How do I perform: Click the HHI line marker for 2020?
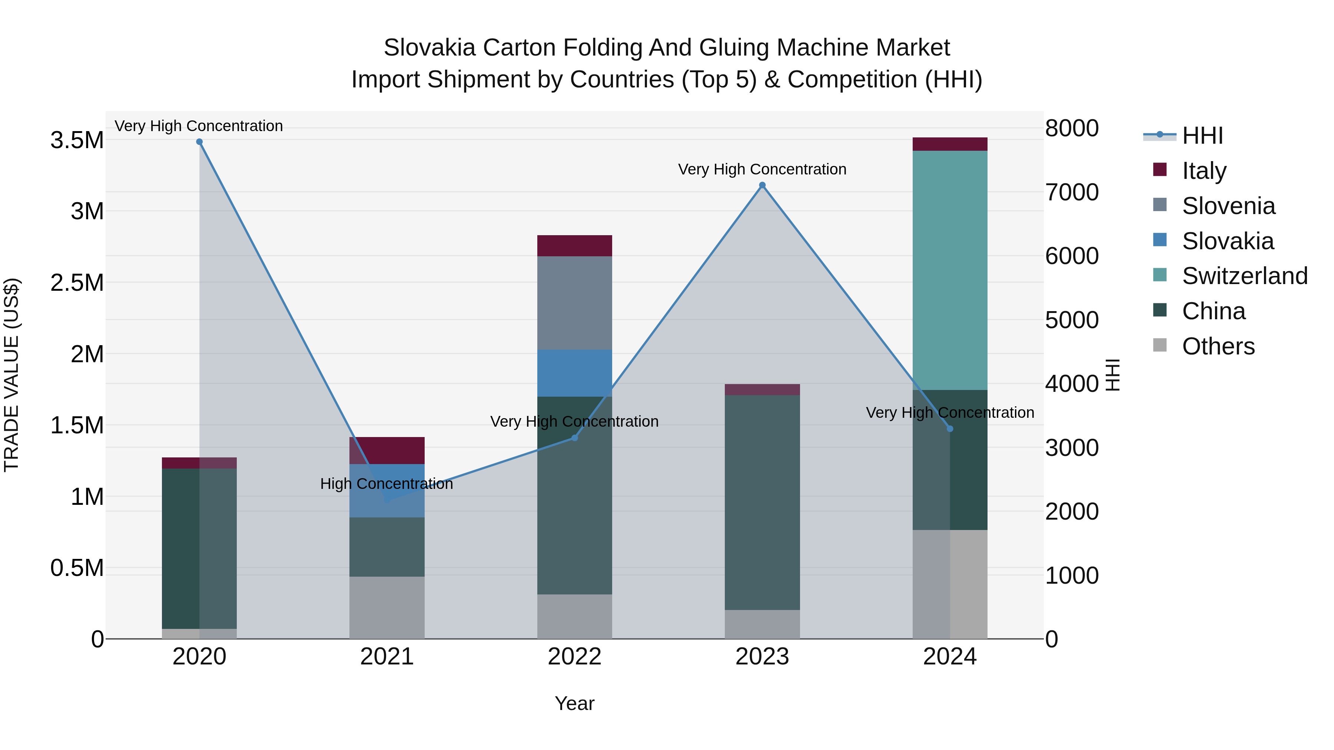coord(199,142)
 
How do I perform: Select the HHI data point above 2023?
coord(762,185)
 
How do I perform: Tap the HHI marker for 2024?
coord(950,429)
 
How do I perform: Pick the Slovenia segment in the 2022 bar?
coord(574,303)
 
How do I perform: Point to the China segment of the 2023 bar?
coord(762,502)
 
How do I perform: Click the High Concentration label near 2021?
coord(386,484)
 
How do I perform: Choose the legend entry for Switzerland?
coord(1244,276)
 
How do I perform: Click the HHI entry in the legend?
coord(1202,136)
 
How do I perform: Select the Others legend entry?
coord(1218,346)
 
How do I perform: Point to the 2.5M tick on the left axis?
coord(77,283)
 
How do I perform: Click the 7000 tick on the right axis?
coord(1071,192)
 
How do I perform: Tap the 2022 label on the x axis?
coord(574,657)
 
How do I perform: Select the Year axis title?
coord(574,703)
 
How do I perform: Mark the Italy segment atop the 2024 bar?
coord(950,144)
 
